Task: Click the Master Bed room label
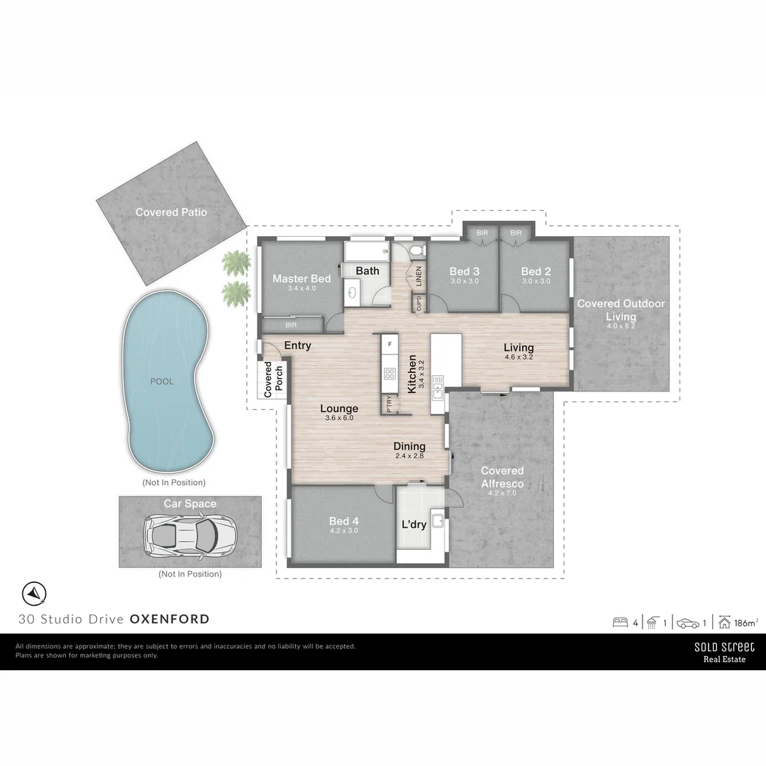click(301, 279)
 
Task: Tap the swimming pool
click(168, 381)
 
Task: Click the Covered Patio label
click(171, 212)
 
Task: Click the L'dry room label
click(414, 525)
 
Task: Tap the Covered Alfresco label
click(502, 477)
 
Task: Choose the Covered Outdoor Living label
click(621, 310)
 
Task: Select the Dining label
click(409, 446)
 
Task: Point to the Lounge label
click(339, 409)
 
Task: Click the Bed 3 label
click(465, 272)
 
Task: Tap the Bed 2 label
click(535, 272)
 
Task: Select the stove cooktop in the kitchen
click(389, 373)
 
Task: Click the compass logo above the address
click(34, 593)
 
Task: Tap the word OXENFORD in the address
click(170, 619)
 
